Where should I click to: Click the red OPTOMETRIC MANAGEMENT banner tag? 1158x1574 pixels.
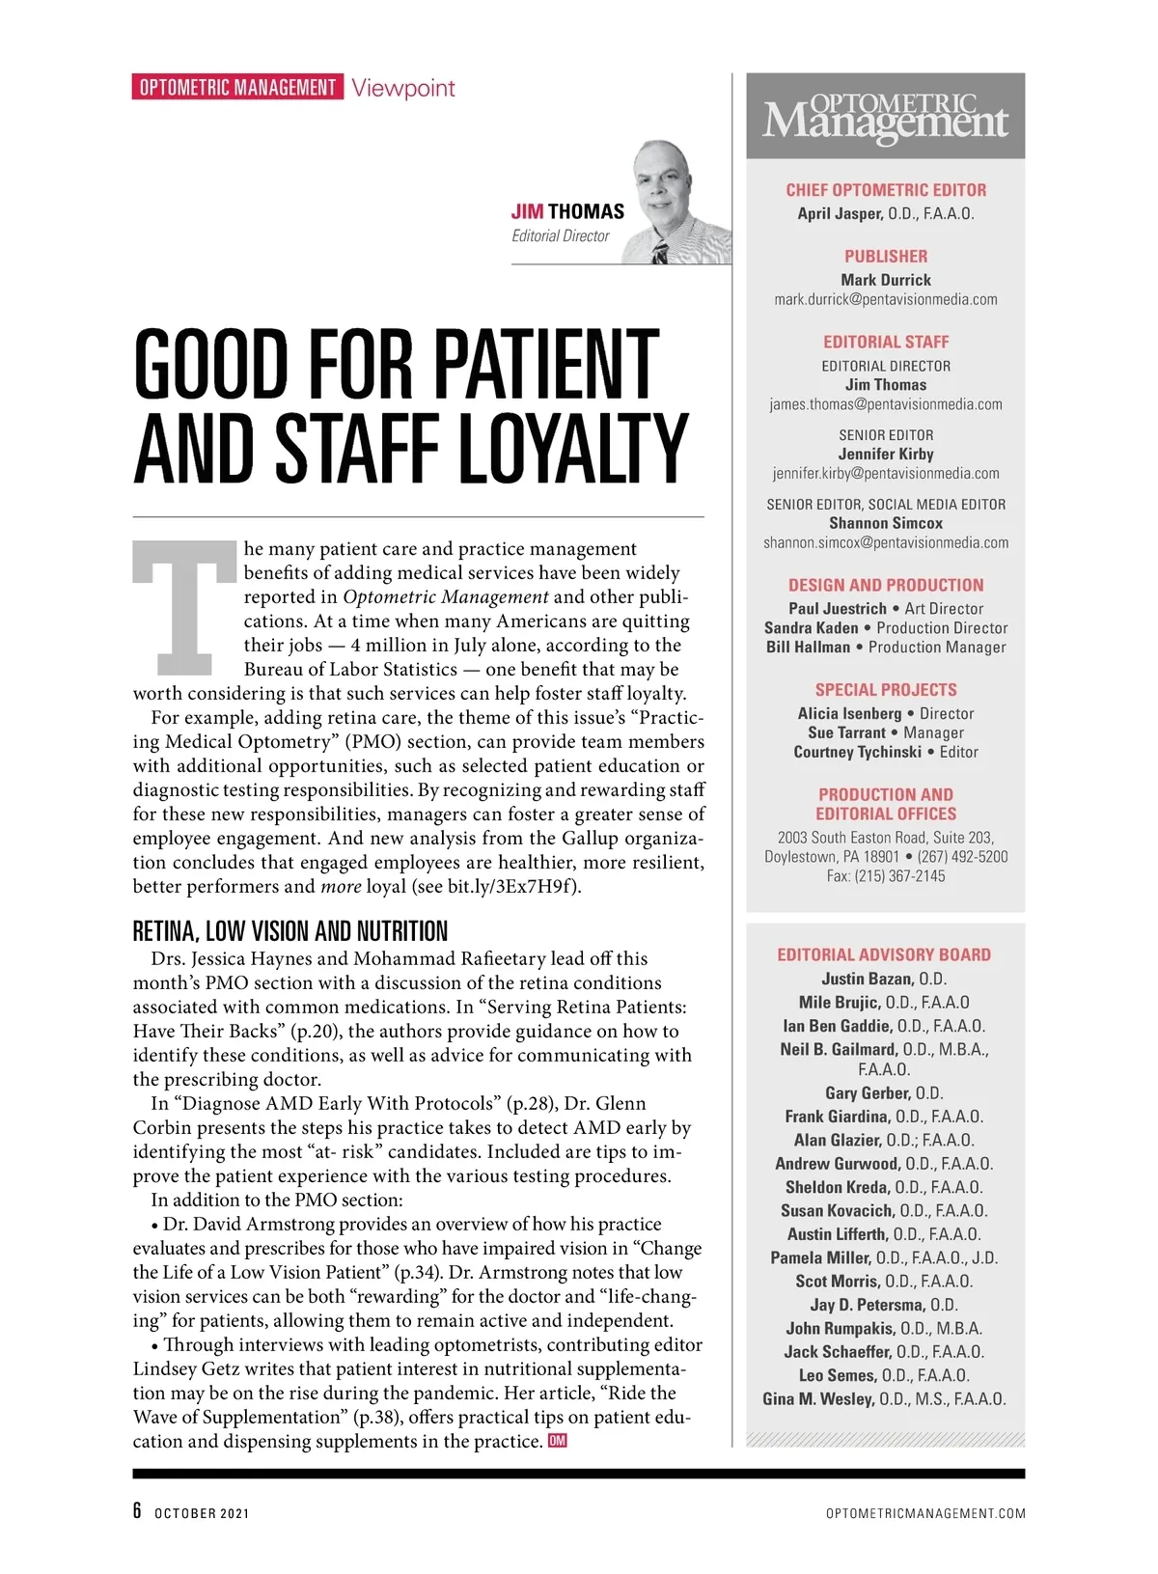(x=237, y=88)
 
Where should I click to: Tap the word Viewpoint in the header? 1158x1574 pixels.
(x=403, y=88)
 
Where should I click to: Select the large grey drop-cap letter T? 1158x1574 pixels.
(x=184, y=608)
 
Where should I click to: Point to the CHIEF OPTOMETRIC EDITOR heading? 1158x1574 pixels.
(x=886, y=190)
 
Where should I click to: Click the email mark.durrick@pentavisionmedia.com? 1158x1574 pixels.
(x=886, y=299)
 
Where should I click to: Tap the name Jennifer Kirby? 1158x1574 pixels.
(x=886, y=454)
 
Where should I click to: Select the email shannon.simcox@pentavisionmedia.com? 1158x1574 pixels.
(x=886, y=542)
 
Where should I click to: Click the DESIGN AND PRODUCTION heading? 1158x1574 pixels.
(x=886, y=585)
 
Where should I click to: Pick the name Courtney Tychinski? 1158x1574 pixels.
(x=857, y=752)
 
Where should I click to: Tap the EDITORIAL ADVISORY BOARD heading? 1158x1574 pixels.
(x=884, y=954)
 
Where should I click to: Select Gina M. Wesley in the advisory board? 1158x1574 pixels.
(x=818, y=1398)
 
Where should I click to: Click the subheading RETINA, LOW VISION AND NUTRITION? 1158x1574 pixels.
(x=290, y=931)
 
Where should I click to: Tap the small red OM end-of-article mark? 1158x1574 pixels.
(x=558, y=1441)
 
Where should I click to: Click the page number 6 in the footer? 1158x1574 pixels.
(x=138, y=1511)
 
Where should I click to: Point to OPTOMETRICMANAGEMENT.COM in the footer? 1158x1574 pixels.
(x=925, y=1513)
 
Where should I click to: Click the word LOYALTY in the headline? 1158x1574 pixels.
(x=572, y=449)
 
